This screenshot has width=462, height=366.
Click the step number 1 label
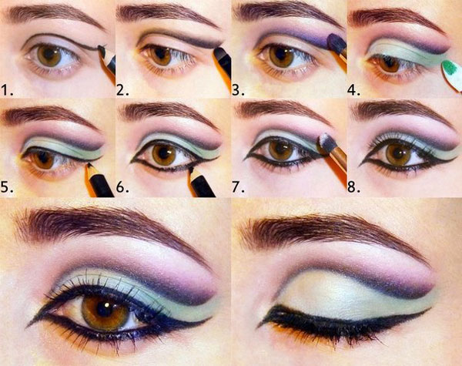tap(7, 89)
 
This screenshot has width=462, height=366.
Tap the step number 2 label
tap(122, 89)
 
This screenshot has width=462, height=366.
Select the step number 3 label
tap(238, 89)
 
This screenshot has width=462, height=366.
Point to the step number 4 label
tap(353, 89)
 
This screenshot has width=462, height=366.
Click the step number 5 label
tap(7, 186)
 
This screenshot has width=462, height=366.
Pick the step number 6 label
tap(122, 186)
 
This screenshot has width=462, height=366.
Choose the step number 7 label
tap(238, 186)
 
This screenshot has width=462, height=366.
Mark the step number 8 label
tap(353, 186)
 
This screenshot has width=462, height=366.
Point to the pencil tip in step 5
tap(89, 166)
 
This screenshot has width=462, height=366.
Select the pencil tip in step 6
tap(191, 170)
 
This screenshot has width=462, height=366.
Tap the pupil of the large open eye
tap(105, 308)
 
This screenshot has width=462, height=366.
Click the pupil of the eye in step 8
tap(398, 152)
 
